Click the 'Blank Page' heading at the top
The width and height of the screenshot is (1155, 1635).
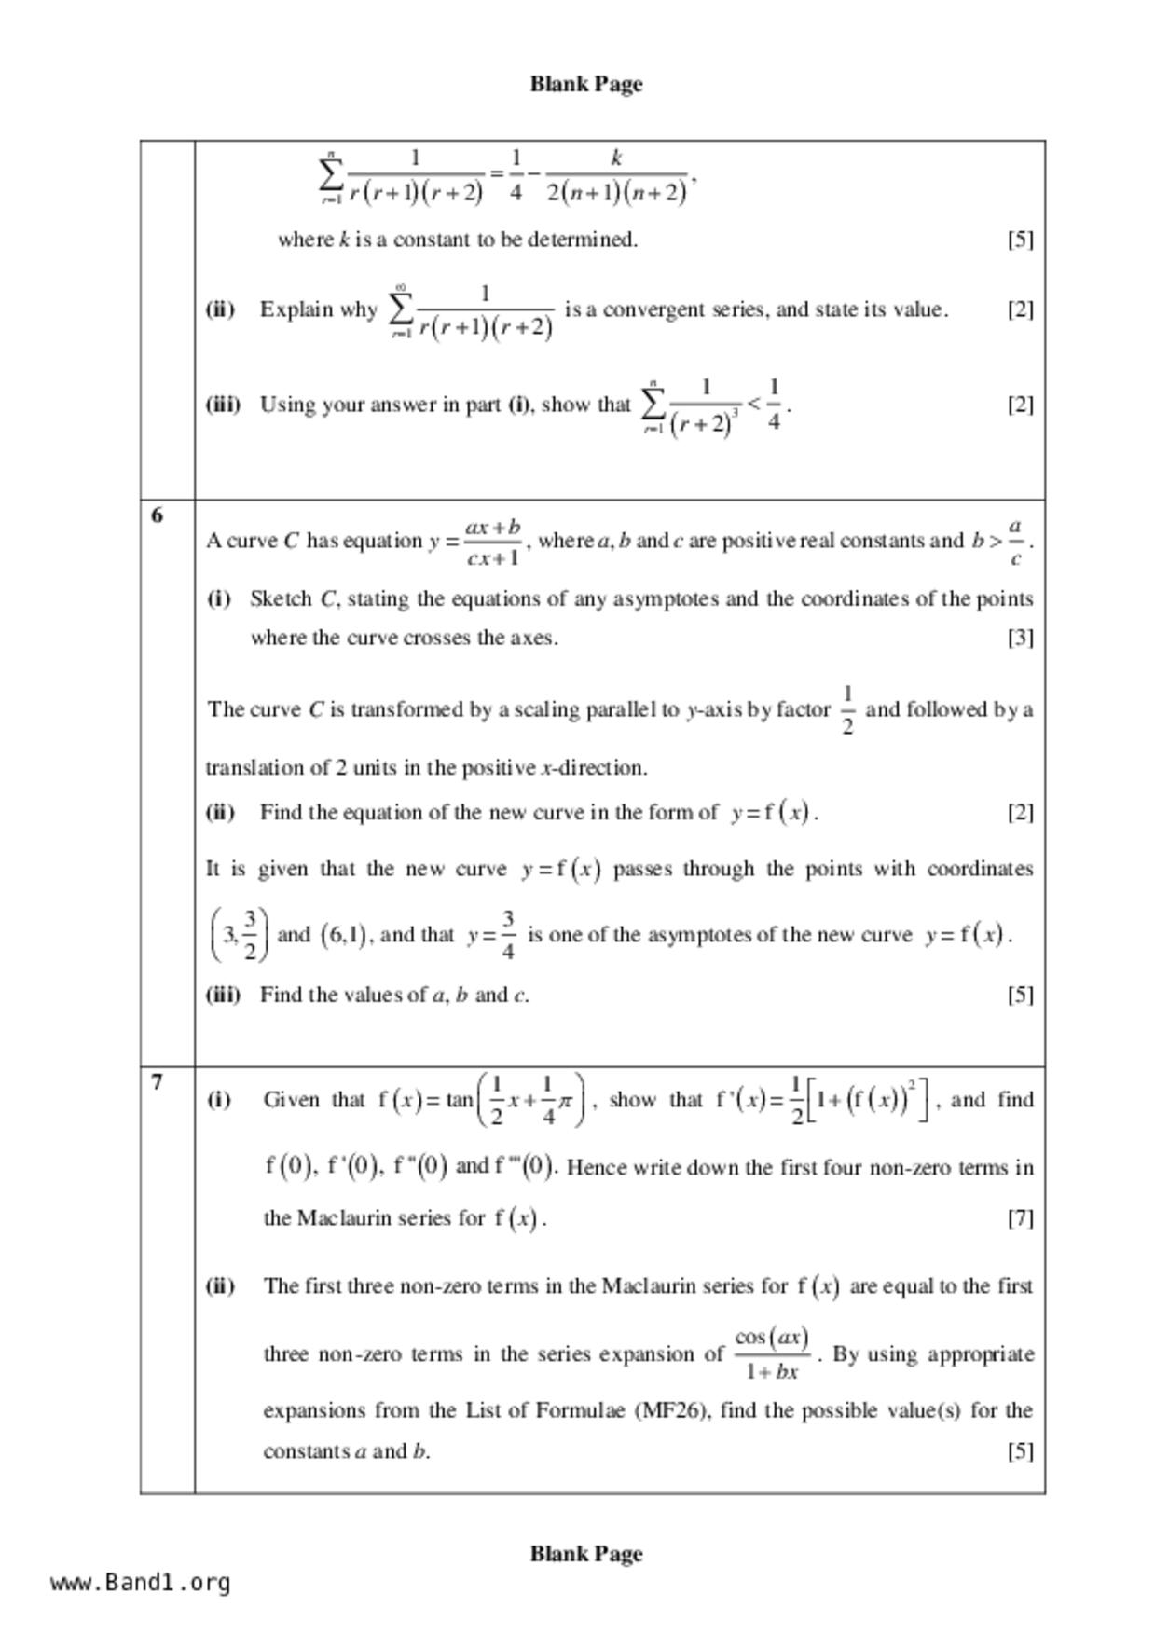pos(586,84)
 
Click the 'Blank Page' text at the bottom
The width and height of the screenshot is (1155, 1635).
pos(586,1554)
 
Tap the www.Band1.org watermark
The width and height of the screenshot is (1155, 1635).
pos(141,1583)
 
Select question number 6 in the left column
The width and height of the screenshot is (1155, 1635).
pos(157,515)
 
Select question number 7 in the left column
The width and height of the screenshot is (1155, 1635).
pos(157,1082)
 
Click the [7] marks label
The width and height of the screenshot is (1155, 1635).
pos(1020,1218)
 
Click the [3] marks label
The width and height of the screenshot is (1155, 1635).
pos(1020,638)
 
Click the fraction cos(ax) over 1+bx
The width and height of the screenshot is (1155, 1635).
pos(772,1354)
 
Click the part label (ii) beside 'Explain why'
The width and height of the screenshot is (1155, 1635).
pos(220,309)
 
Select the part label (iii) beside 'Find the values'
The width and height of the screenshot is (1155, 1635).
pos(223,995)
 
